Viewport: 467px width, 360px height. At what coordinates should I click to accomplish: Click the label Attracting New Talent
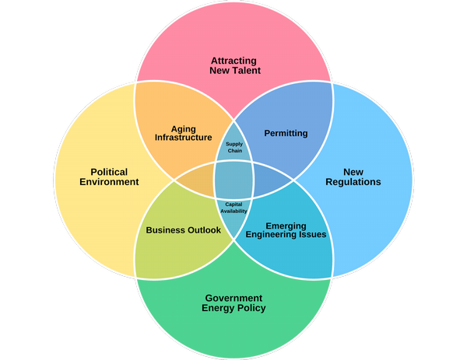pyautogui.click(x=234, y=65)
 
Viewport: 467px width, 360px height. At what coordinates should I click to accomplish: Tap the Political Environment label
pyautogui.click(x=109, y=177)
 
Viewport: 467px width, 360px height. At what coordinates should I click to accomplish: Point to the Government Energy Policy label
pyautogui.click(x=233, y=302)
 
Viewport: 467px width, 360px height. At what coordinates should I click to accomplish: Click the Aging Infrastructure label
pyautogui.click(x=183, y=133)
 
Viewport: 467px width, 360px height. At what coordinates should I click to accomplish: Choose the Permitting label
pyautogui.click(x=286, y=133)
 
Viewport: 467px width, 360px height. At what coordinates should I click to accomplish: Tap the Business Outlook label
pyautogui.click(x=183, y=230)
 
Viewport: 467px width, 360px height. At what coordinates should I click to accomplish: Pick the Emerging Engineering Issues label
pyautogui.click(x=286, y=229)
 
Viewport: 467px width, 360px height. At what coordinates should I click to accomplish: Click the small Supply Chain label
pyautogui.click(x=234, y=147)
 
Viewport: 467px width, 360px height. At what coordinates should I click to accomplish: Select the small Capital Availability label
pyautogui.click(x=234, y=207)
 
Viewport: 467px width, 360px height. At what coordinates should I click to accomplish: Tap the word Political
pyautogui.click(x=109, y=172)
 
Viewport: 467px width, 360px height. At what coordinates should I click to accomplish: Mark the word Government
pyautogui.click(x=233, y=298)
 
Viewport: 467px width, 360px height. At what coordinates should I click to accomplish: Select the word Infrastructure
pyautogui.click(x=183, y=138)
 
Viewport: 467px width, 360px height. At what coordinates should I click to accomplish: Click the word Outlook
pyautogui.click(x=203, y=230)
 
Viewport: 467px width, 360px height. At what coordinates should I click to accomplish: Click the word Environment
pyautogui.click(x=109, y=182)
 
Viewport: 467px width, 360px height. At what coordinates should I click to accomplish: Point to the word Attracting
pyautogui.click(x=234, y=60)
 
